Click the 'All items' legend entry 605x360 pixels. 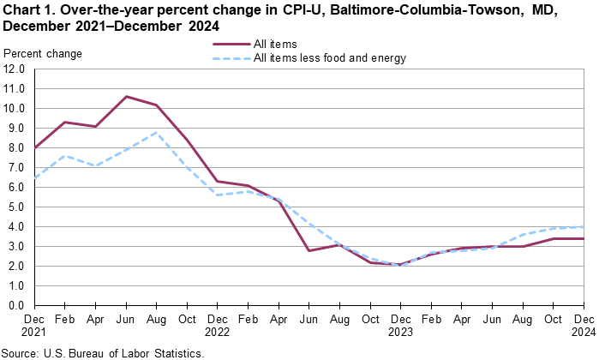276,43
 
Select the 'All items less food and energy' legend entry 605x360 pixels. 330,58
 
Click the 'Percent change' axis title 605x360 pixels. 43,54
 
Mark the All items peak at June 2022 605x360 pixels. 126,97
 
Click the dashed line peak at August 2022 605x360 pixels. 157,132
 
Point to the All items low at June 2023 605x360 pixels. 310,250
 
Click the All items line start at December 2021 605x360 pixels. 34,147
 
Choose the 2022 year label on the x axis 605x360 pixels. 218,332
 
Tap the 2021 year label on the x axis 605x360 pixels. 34,332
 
